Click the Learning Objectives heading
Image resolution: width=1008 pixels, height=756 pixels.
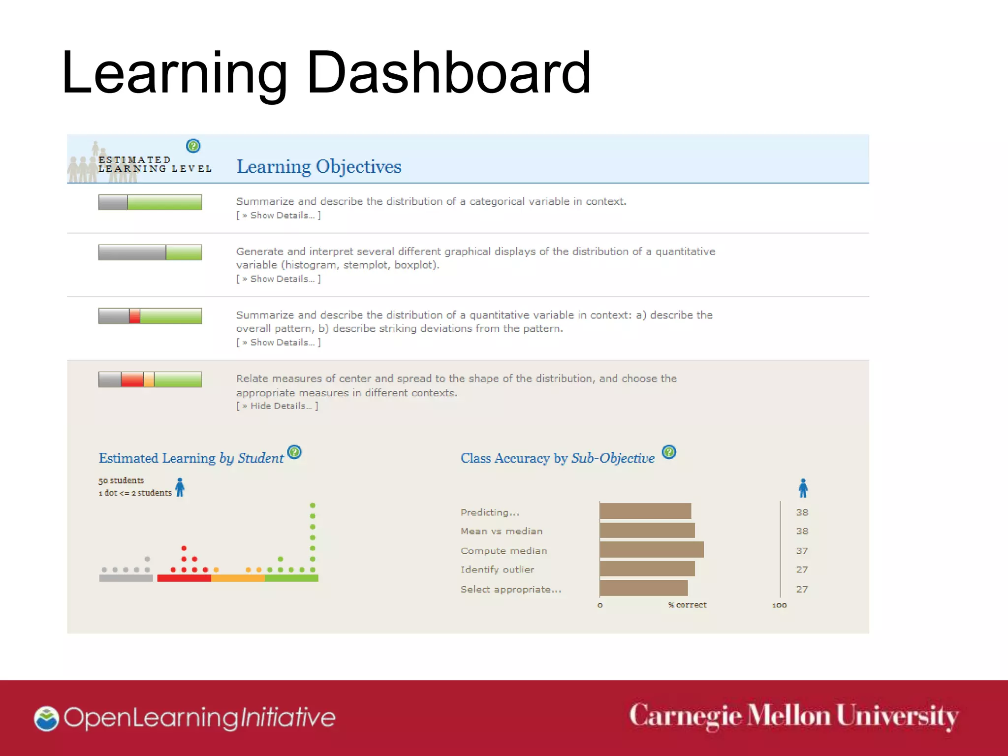(x=318, y=166)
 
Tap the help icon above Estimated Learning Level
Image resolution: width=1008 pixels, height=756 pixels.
(x=193, y=146)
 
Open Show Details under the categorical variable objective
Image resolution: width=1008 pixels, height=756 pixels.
(x=279, y=216)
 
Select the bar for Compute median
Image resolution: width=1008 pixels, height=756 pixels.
(x=652, y=550)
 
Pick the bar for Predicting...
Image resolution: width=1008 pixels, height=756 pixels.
(x=645, y=511)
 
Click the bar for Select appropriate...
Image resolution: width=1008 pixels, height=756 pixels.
(x=644, y=588)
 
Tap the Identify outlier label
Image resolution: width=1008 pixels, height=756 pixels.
(x=497, y=569)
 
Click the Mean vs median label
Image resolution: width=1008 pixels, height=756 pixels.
(x=502, y=531)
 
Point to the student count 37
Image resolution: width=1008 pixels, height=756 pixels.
(x=802, y=551)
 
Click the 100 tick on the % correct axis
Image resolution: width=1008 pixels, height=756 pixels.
(x=779, y=605)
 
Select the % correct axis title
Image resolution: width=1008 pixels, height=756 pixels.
(x=687, y=605)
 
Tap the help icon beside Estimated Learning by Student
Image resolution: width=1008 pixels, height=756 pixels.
(x=294, y=452)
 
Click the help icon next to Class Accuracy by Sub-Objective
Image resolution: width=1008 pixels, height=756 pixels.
(x=669, y=452)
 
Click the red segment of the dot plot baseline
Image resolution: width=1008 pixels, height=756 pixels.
(x=184, y=578)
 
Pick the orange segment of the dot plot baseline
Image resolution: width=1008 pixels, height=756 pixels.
(x=238, y=578)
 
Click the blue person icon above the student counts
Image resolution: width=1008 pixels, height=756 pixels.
(x=803, y=488)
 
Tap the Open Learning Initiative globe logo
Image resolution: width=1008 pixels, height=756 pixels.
(x=47, y=719)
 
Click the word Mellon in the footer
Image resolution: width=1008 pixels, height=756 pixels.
(x=788, y=716)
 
